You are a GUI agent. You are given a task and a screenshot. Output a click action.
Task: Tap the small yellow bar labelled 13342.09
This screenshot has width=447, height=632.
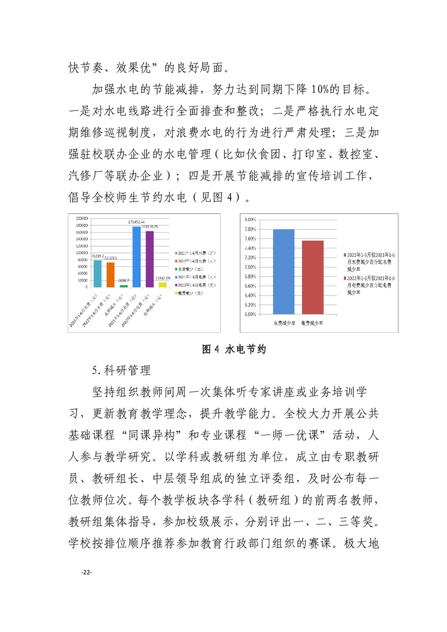162,284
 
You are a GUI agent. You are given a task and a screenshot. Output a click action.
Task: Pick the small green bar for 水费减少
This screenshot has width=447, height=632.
123,286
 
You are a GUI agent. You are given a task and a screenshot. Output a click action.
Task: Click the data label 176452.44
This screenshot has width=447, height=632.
136,222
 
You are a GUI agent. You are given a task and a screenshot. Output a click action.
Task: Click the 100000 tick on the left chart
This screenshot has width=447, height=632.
81,252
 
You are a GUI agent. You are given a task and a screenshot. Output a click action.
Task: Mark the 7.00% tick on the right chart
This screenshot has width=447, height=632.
251,267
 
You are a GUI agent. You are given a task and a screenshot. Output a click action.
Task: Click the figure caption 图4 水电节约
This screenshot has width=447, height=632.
233,349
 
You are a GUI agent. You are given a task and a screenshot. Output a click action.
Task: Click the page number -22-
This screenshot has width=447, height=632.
86,572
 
